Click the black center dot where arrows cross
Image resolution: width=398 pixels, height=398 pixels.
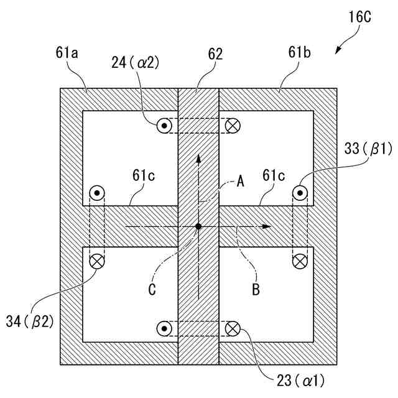(x=198, y=226)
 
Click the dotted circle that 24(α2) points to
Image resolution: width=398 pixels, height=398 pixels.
(x=164, y=126)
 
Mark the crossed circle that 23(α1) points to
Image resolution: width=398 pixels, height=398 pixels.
(x=233, y=328)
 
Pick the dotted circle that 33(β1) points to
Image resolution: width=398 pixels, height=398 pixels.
(x=300, y=193)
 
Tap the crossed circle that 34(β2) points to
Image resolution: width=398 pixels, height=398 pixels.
(x=97, y=261)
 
